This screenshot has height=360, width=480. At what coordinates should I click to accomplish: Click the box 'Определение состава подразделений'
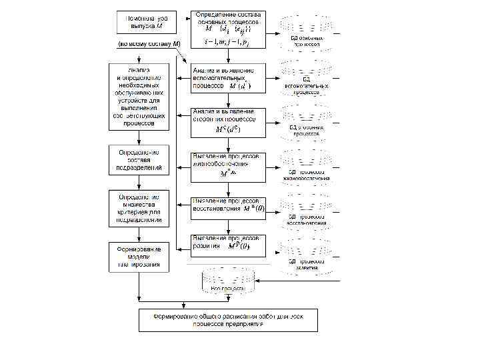(139, 160)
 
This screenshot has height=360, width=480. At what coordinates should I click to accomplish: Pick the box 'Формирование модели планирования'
(139, 256)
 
